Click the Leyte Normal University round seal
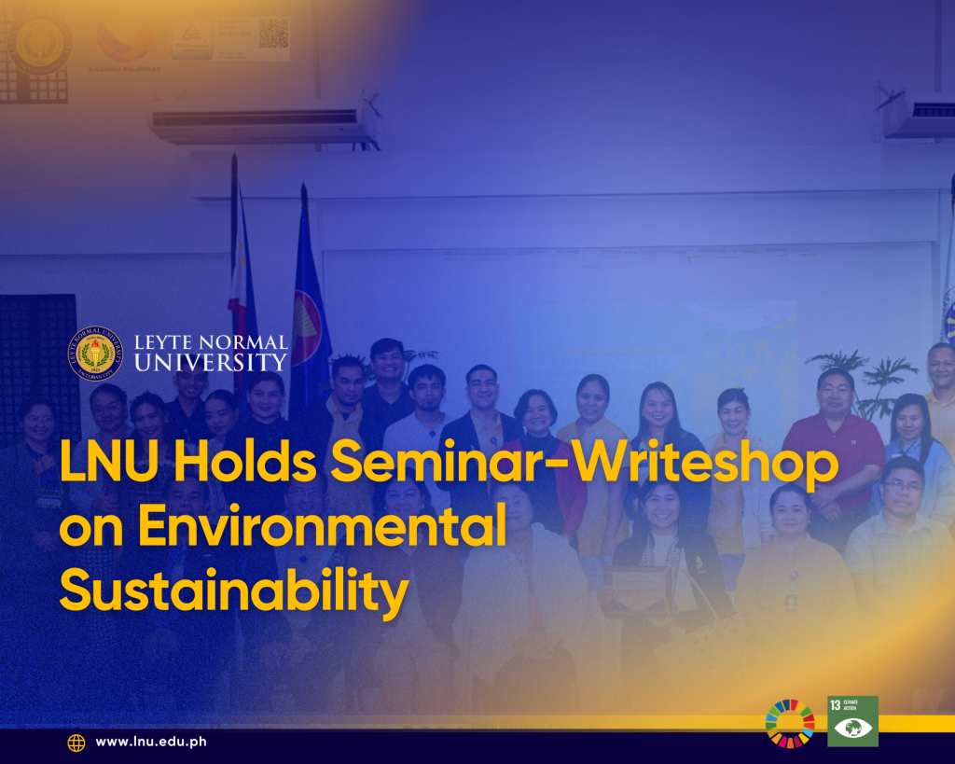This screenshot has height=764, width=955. pos(95,354)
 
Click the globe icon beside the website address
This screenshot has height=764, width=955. pos(76,743)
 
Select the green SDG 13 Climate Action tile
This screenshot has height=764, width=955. pos(852,720)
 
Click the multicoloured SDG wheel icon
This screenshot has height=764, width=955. pos(790,723)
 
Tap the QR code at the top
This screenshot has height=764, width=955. pos(273,33)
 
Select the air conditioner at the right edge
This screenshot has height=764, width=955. pos(918,114)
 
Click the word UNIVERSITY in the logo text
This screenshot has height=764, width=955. pos(211,362)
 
